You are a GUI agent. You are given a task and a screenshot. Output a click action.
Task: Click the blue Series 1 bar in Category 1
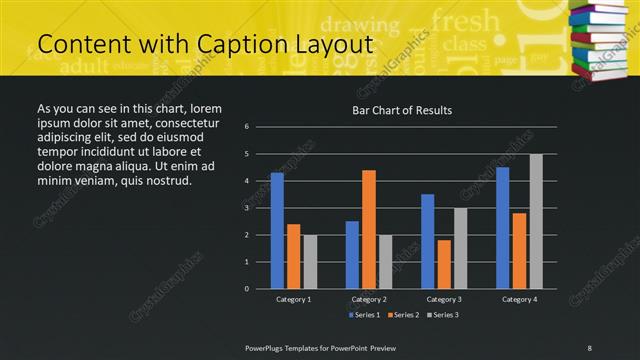277,231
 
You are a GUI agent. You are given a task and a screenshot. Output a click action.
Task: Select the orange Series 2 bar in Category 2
369,229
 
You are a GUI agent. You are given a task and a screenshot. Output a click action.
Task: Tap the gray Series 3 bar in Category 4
536,221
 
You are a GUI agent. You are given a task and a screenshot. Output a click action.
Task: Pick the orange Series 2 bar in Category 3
444,264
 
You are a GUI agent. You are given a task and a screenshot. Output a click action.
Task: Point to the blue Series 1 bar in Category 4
502,228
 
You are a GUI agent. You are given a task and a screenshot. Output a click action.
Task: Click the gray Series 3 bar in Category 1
310,262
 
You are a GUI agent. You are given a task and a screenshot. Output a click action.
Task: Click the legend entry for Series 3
443,315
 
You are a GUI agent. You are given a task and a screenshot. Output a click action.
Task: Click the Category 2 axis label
369,299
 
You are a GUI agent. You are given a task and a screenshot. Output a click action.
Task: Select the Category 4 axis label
519,299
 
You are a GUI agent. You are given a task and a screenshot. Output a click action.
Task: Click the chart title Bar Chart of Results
402,110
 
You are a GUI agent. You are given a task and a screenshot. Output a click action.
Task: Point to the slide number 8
589,347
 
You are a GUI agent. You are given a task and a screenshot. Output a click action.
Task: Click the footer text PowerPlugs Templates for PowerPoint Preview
321,347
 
